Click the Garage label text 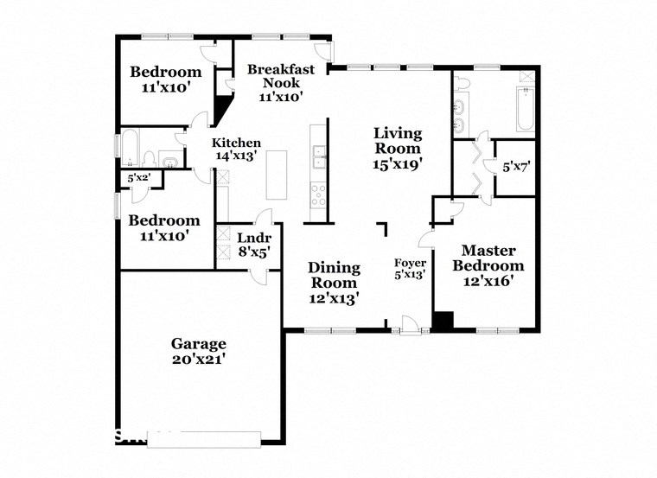pyautogui.click(x=198, y=343)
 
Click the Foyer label pyautogui.click(x=410, y=262)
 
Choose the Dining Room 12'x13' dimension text pyautogui.click(x=334, y=297)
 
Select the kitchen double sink pyautogui.click(x=319, y=156)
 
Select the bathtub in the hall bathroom pyautogui.click(x=131, y=149)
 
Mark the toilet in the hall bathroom pyautogui.click(x=149, y=158)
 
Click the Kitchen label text pyautogui.click(x=237, y=143)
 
